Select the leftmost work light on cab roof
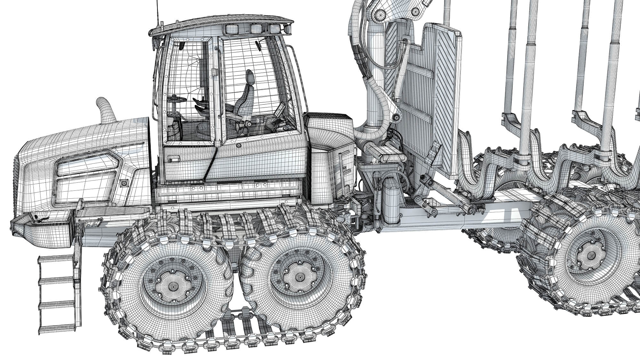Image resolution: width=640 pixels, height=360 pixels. [231, 30]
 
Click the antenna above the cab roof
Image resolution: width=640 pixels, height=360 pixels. [157, 13]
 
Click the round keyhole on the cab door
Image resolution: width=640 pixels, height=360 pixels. [238, 145]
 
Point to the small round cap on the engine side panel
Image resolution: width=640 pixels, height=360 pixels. [123, 183]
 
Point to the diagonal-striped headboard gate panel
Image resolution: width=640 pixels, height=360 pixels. [443, 96]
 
